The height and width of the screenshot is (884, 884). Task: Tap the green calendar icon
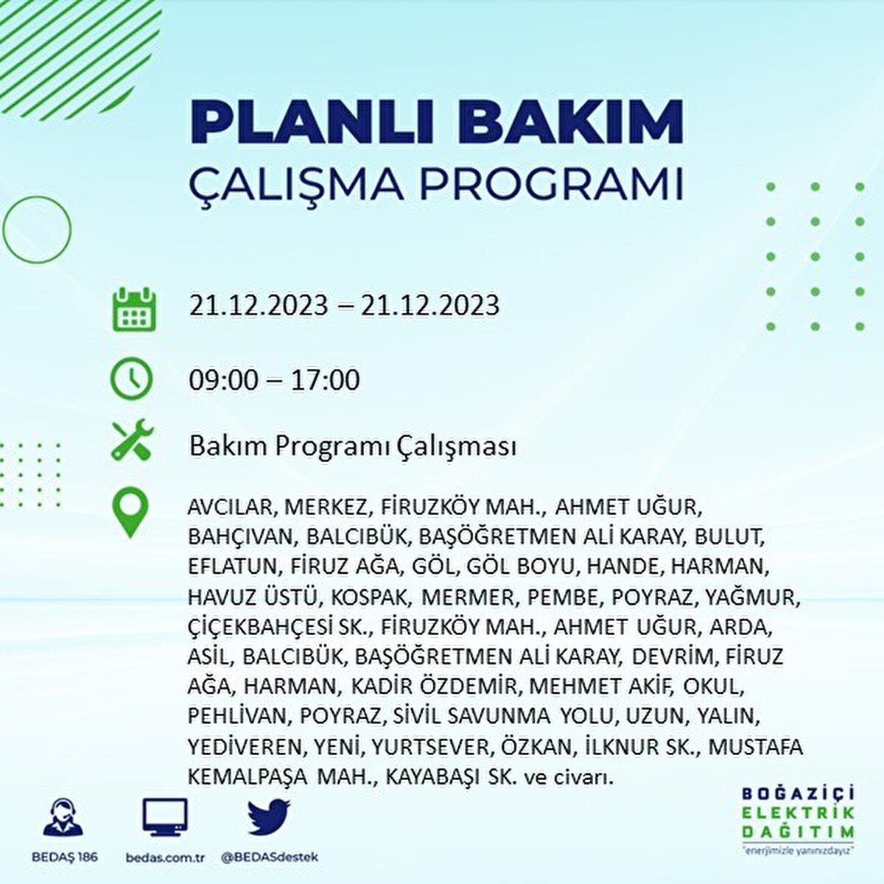[x=134, y=309]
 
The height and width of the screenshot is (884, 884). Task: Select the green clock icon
[x=131, y=379]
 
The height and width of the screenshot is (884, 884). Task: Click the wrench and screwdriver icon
[x=133, y=440]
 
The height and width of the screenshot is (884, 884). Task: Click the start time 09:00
[x=224, y=380]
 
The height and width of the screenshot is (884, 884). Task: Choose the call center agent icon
[x=63, y=817]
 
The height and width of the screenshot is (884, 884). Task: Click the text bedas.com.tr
[x=165, y=857]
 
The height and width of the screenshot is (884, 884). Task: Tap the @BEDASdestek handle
[x=270, y=857]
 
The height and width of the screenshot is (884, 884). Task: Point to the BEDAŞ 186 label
[x=65, y=857]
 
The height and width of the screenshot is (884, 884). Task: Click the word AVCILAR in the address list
[x=231, y=508]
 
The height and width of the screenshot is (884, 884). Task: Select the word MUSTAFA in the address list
[x=756, y=747]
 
